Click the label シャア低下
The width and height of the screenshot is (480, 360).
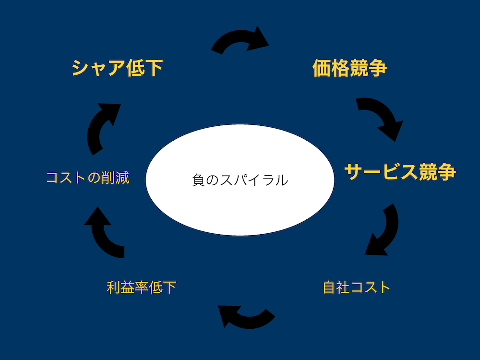(x=117, y=68)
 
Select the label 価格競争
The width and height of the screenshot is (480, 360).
(x=349, y=68)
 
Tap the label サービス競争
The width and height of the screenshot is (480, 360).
(x=400, y=171)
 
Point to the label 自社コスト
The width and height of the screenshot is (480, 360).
(x=357, y=288)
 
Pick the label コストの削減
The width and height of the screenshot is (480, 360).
(x=87, y=178)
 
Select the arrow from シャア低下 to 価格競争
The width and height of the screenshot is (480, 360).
(x=240, y=41)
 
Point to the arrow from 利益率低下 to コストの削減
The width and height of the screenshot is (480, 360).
(x=103, y=233)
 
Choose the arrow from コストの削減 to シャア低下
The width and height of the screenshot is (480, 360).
(x=102, y=127)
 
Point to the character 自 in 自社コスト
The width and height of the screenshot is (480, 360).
(x=330, y=288)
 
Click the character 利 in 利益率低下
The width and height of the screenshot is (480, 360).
(x=114, y=288)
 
